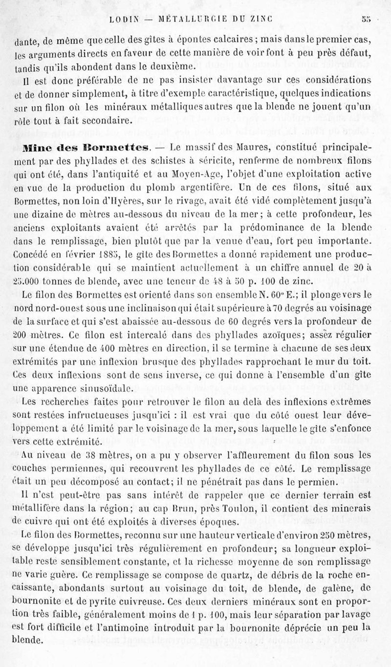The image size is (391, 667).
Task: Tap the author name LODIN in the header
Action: (x=126, y=20)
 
